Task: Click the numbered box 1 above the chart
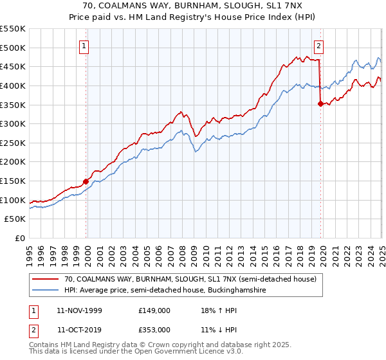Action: tap(85, 45)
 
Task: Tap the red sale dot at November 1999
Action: tap(86, 181)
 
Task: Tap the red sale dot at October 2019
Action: tap(320, 103)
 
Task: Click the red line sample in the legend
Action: tap(46, 280)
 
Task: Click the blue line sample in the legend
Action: tap(46, 291)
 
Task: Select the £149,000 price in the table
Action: tap(154, 310)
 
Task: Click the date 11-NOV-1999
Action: tap(79, 310)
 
